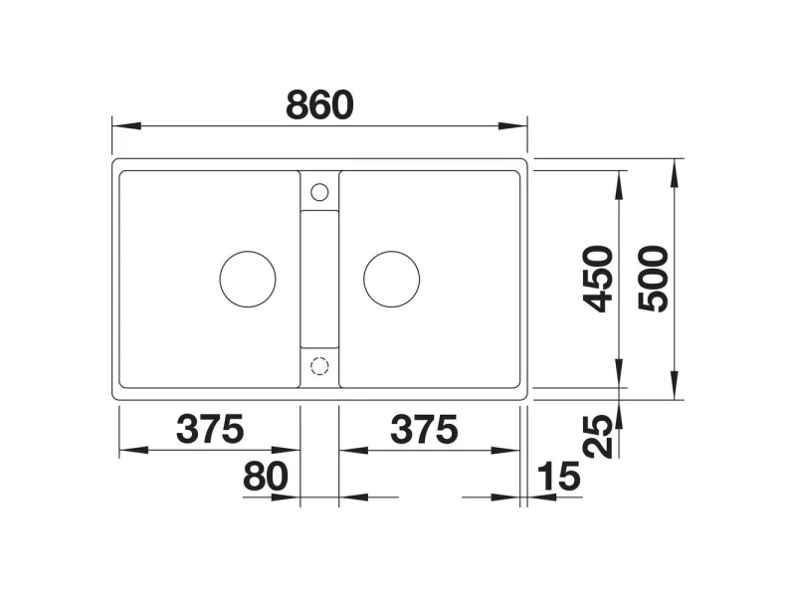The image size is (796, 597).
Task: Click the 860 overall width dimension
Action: pyautogui.click(x=319, y=105)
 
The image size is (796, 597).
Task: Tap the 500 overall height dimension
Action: pyautogui.click(x=653, y=279)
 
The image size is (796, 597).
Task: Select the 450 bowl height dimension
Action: pyautogui.click(x=598, y=279)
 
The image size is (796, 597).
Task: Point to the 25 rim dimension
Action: pyautogui.click(x=598, y=436)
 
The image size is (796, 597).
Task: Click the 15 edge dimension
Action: pyautogui.click(x=558, y=477)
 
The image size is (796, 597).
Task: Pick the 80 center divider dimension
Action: pyautogui.click(x=266, y=477)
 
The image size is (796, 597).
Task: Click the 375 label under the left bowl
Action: pyautogui.click(x=210, y=429)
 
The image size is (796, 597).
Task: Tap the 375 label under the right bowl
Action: pyautogui.click(x=424, y=429)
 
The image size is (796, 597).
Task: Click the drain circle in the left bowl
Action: pyautogui.click(x=248, y=251)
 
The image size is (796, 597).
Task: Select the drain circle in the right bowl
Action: pyautogui.click(x=391, y=251)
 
